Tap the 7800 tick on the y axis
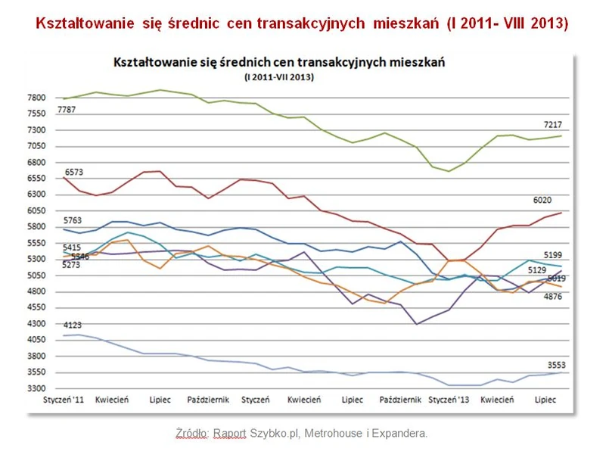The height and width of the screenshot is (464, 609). pyautogui.click(x=36, y=98)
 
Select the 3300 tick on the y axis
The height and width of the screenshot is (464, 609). pyautogui.click(x=36, y=388)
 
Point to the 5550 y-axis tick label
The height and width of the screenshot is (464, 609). pyautogui.click(x=36, y=243)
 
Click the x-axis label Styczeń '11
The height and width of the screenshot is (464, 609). pyautogui.click(x=64, y=398)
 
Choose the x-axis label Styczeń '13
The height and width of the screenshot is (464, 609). pyautogui.click(x=449, y=398)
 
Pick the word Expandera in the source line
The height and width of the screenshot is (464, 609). pyautogui.click(x=402, y=433)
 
